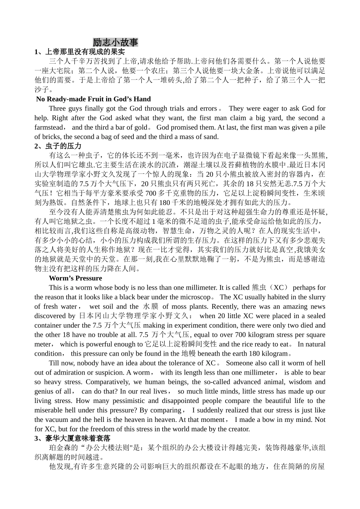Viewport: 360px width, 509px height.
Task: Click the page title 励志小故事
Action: point(115,42)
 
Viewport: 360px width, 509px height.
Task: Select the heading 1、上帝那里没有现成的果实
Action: point(80,52)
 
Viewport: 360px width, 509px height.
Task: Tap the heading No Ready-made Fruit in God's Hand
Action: point(93,99)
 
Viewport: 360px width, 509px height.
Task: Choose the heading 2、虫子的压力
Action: point(58,146)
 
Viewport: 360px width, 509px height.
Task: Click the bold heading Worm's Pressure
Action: point(75,278)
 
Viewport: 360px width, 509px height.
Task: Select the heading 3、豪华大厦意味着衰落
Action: point(72,439)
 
